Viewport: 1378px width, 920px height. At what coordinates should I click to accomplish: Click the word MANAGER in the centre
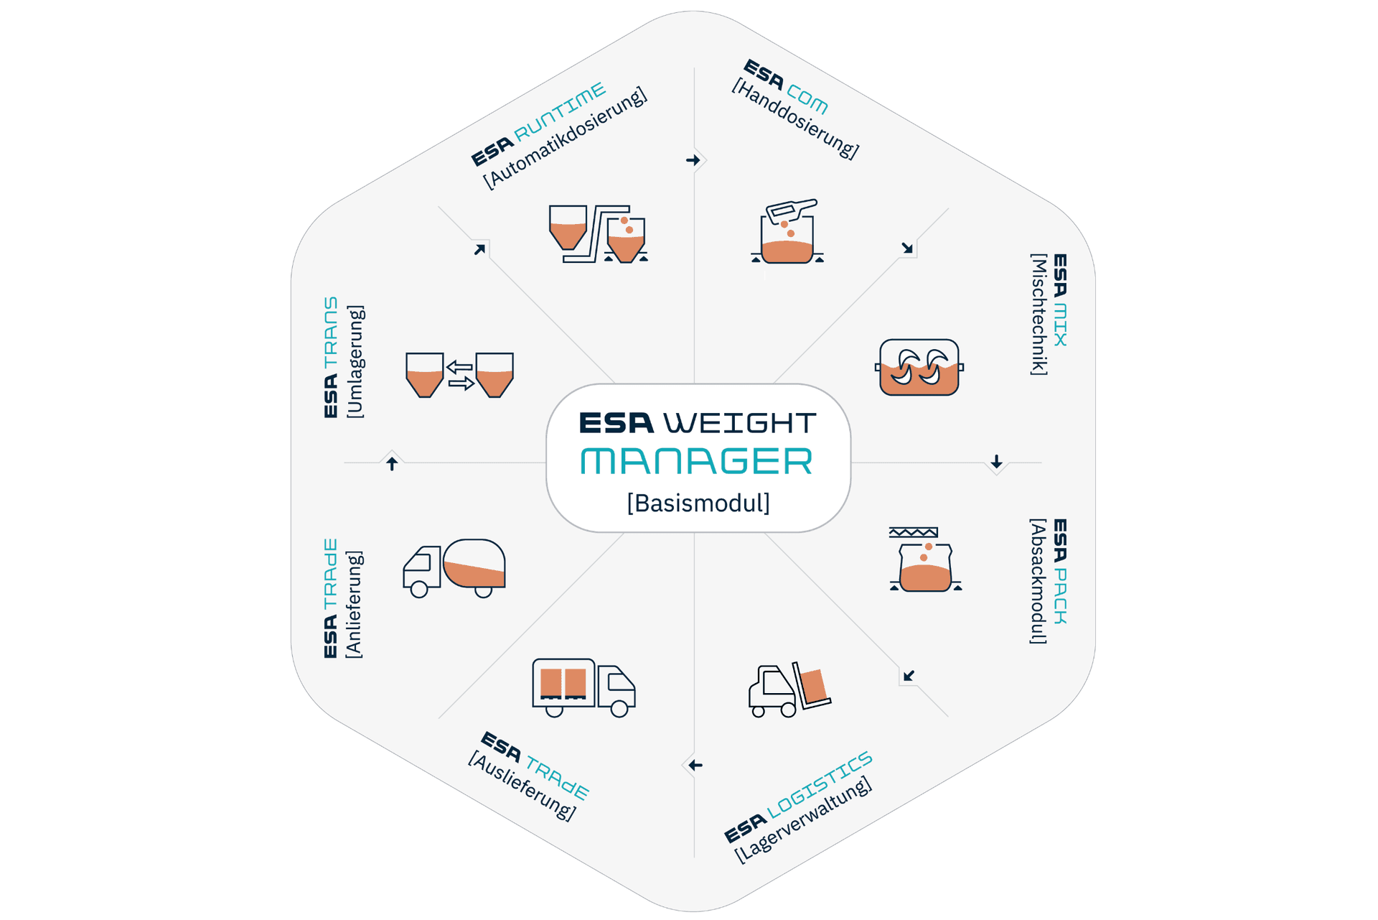tap(696, 461)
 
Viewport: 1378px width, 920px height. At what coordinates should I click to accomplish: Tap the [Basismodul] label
tap(698, 503)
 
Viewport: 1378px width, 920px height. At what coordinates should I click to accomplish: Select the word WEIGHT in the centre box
tap(740, 423)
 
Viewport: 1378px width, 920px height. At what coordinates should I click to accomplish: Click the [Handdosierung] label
tap(795, 119)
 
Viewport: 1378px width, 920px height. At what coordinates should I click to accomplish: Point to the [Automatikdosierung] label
tap(566, 139)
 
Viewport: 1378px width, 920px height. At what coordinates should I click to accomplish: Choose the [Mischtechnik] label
tap(1039, 314)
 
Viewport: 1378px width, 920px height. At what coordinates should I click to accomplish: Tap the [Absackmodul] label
tap(1038, 581)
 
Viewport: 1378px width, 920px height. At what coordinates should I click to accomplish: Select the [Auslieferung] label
tap(522, 786)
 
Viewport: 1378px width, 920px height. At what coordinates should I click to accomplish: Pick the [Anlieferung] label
tap(354, 604)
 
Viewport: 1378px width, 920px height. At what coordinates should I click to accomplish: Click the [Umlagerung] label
tap(355, 361)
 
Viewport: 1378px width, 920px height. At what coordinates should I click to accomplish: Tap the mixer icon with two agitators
tap(919, 367)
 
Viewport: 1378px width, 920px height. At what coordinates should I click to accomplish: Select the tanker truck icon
tap(454, 568)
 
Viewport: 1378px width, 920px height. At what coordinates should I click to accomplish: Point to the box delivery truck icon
tap(583, 687)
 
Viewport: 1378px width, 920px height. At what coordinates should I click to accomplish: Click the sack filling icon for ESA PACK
tap(925, 559)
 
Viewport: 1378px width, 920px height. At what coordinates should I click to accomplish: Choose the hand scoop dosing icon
tap(787, 231)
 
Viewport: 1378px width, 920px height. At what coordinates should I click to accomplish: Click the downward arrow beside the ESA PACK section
tap(996, 461)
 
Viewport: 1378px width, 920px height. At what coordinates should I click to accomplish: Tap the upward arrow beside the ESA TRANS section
tap(392, 464)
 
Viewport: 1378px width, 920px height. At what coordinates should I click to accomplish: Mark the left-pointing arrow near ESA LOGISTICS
tap(695, 766)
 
